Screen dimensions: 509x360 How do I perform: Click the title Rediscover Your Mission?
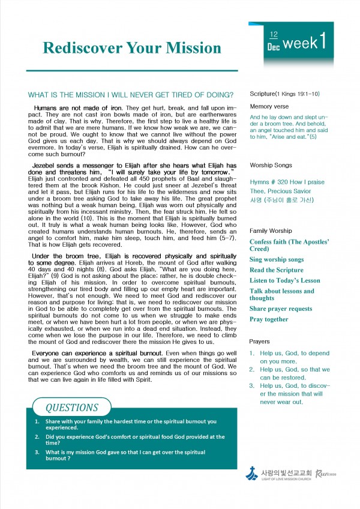pos(132,47)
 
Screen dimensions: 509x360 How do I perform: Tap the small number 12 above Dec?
pos(274,36)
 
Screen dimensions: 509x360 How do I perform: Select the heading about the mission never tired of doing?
pos(131,95)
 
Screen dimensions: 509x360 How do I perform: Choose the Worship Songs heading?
pos(271,164)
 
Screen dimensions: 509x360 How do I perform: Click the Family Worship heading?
pos(271,230)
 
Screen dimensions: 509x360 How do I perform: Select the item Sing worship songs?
pos(277,259)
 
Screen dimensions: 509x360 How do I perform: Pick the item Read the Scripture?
pos(277,270)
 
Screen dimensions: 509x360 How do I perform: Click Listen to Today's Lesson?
pos(285,280)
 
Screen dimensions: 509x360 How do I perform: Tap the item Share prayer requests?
pos(281,309)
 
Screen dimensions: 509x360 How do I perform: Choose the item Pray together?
pos(269,319)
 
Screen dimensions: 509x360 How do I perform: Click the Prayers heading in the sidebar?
pos(260,342)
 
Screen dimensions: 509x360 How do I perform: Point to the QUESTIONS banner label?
pos(72,408)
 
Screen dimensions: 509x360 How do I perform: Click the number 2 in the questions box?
pos(37,437)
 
